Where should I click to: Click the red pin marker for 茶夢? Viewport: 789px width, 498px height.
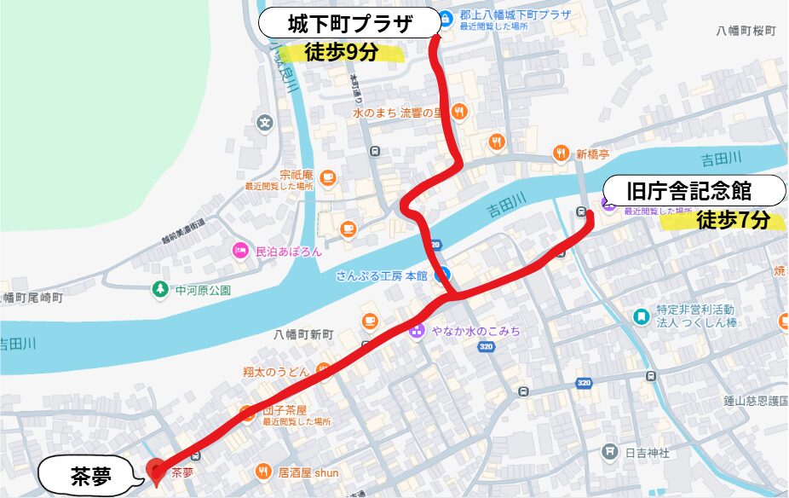155,469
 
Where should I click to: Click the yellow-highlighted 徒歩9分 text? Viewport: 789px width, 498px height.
341,52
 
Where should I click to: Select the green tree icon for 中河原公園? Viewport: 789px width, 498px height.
159,290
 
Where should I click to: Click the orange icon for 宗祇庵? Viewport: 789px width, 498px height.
328,178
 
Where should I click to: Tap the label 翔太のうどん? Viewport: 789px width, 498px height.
280,372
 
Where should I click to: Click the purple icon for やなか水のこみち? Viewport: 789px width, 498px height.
417,331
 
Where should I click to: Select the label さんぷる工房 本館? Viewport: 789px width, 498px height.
381,275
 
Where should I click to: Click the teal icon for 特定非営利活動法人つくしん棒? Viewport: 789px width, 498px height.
641,316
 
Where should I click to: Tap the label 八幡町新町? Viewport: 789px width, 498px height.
303,335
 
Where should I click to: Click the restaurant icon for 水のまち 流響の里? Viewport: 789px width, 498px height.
459,111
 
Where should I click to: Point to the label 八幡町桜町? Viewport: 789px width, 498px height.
746,30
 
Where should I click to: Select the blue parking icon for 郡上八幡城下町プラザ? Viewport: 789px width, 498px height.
445,14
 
